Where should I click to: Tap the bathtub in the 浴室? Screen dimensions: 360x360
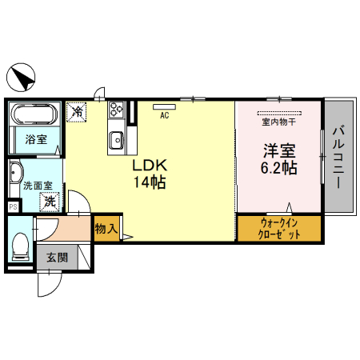point(35,114)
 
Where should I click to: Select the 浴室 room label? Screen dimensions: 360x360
point(36,139)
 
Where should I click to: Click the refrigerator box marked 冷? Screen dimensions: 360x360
point(77,112)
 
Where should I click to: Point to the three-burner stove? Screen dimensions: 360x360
point(117,110)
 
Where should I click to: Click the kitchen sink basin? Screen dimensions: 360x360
point(116,140)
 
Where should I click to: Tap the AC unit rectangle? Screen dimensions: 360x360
point(164,107)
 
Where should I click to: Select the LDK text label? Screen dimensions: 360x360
point(150,166)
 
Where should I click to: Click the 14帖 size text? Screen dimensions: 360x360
point(150,182)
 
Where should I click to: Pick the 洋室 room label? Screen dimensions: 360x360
point(279,150)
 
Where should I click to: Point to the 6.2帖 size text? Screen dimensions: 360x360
point(278,168)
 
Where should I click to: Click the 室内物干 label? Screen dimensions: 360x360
point(279,122)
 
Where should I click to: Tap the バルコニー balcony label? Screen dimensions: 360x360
point(338,158)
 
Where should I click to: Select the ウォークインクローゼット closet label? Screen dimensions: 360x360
point(279,229)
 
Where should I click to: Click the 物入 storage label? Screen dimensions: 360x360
point(106,229)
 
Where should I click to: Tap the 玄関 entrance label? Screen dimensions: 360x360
point(57,258)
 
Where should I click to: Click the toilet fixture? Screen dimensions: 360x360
point(21,246)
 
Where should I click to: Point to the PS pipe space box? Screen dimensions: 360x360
point(13,206)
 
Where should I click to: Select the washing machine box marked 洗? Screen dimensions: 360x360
point(50,202)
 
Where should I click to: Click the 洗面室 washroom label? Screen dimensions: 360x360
point(38,186)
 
